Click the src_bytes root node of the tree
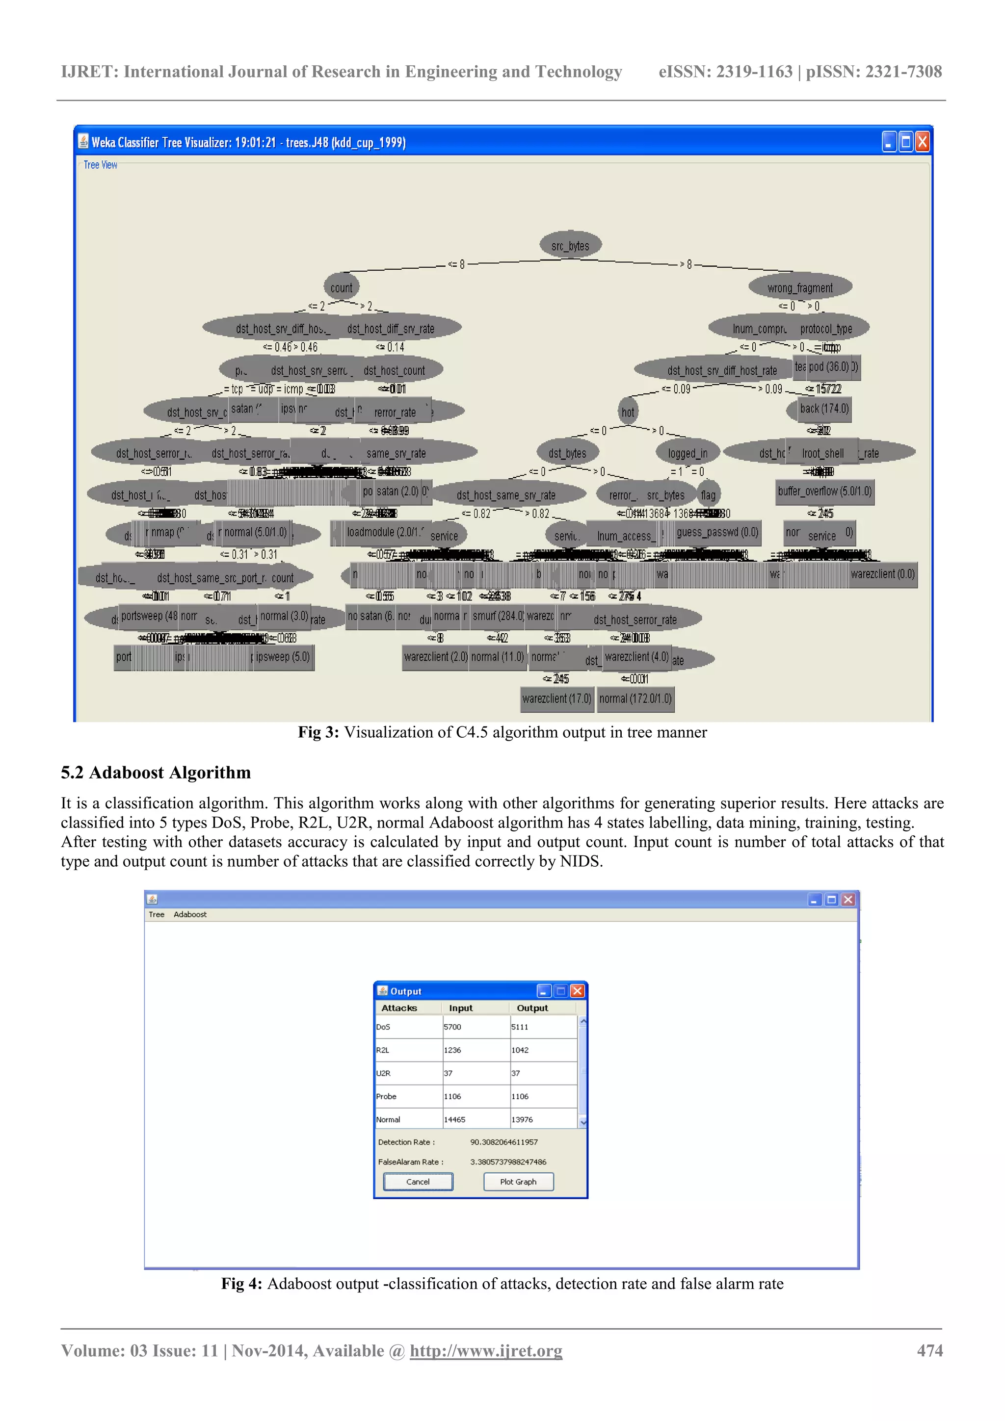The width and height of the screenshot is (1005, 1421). (570, 246)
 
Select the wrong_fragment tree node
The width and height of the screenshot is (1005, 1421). (800, 288)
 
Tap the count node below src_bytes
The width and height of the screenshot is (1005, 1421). (341, 288)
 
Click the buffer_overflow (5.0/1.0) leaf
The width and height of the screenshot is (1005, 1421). (824, 491)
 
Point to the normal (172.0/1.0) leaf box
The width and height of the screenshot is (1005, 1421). (635, 699)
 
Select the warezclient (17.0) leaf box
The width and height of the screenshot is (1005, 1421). (556, 699)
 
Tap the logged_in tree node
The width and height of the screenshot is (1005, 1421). (688, 453)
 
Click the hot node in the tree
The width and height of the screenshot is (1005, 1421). (628, 412)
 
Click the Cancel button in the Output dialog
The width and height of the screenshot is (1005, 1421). (418, 1182)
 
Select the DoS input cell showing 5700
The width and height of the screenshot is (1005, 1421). (475, 1027)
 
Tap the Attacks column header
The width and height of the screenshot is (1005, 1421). (399, 1008)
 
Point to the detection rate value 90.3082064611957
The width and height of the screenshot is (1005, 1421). (504, 1142)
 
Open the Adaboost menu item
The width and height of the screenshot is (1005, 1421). (190, 914)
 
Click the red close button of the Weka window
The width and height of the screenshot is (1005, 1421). (922, 142)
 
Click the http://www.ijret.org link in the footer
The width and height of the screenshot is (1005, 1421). (486, 1350)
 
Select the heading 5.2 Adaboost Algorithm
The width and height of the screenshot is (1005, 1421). (156, 773)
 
